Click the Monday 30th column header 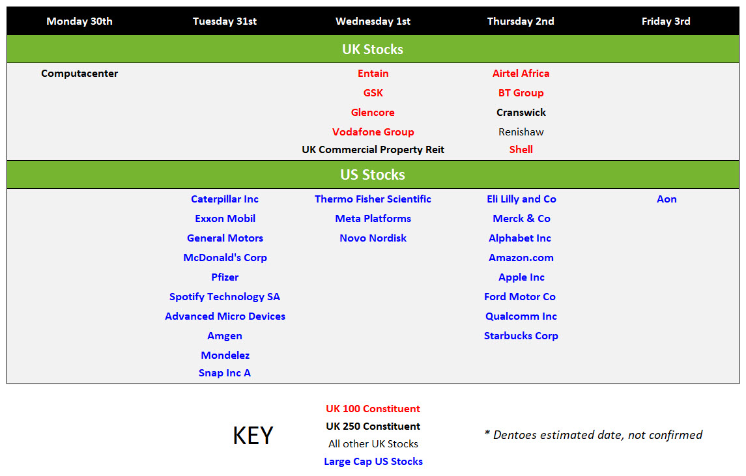[79, 21]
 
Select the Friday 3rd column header [666, 21]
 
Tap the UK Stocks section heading [373, 49]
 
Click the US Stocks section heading [373, 175]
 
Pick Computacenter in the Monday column [79, 73]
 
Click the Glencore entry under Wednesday [373, 112]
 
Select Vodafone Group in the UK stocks [373, 132]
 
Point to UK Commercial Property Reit [373, 149]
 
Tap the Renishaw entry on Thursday [521, 132]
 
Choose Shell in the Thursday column [521, 149]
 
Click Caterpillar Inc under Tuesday [225, 199]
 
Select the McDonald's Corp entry [225, 257]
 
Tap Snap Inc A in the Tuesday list [225, 373]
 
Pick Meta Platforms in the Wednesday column [373, 218]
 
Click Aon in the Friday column [667, 199]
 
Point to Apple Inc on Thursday [521, 277]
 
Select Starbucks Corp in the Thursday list [521, 335]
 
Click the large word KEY [253, 435]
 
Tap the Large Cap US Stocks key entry [373, 461]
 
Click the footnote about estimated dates [594, 434]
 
